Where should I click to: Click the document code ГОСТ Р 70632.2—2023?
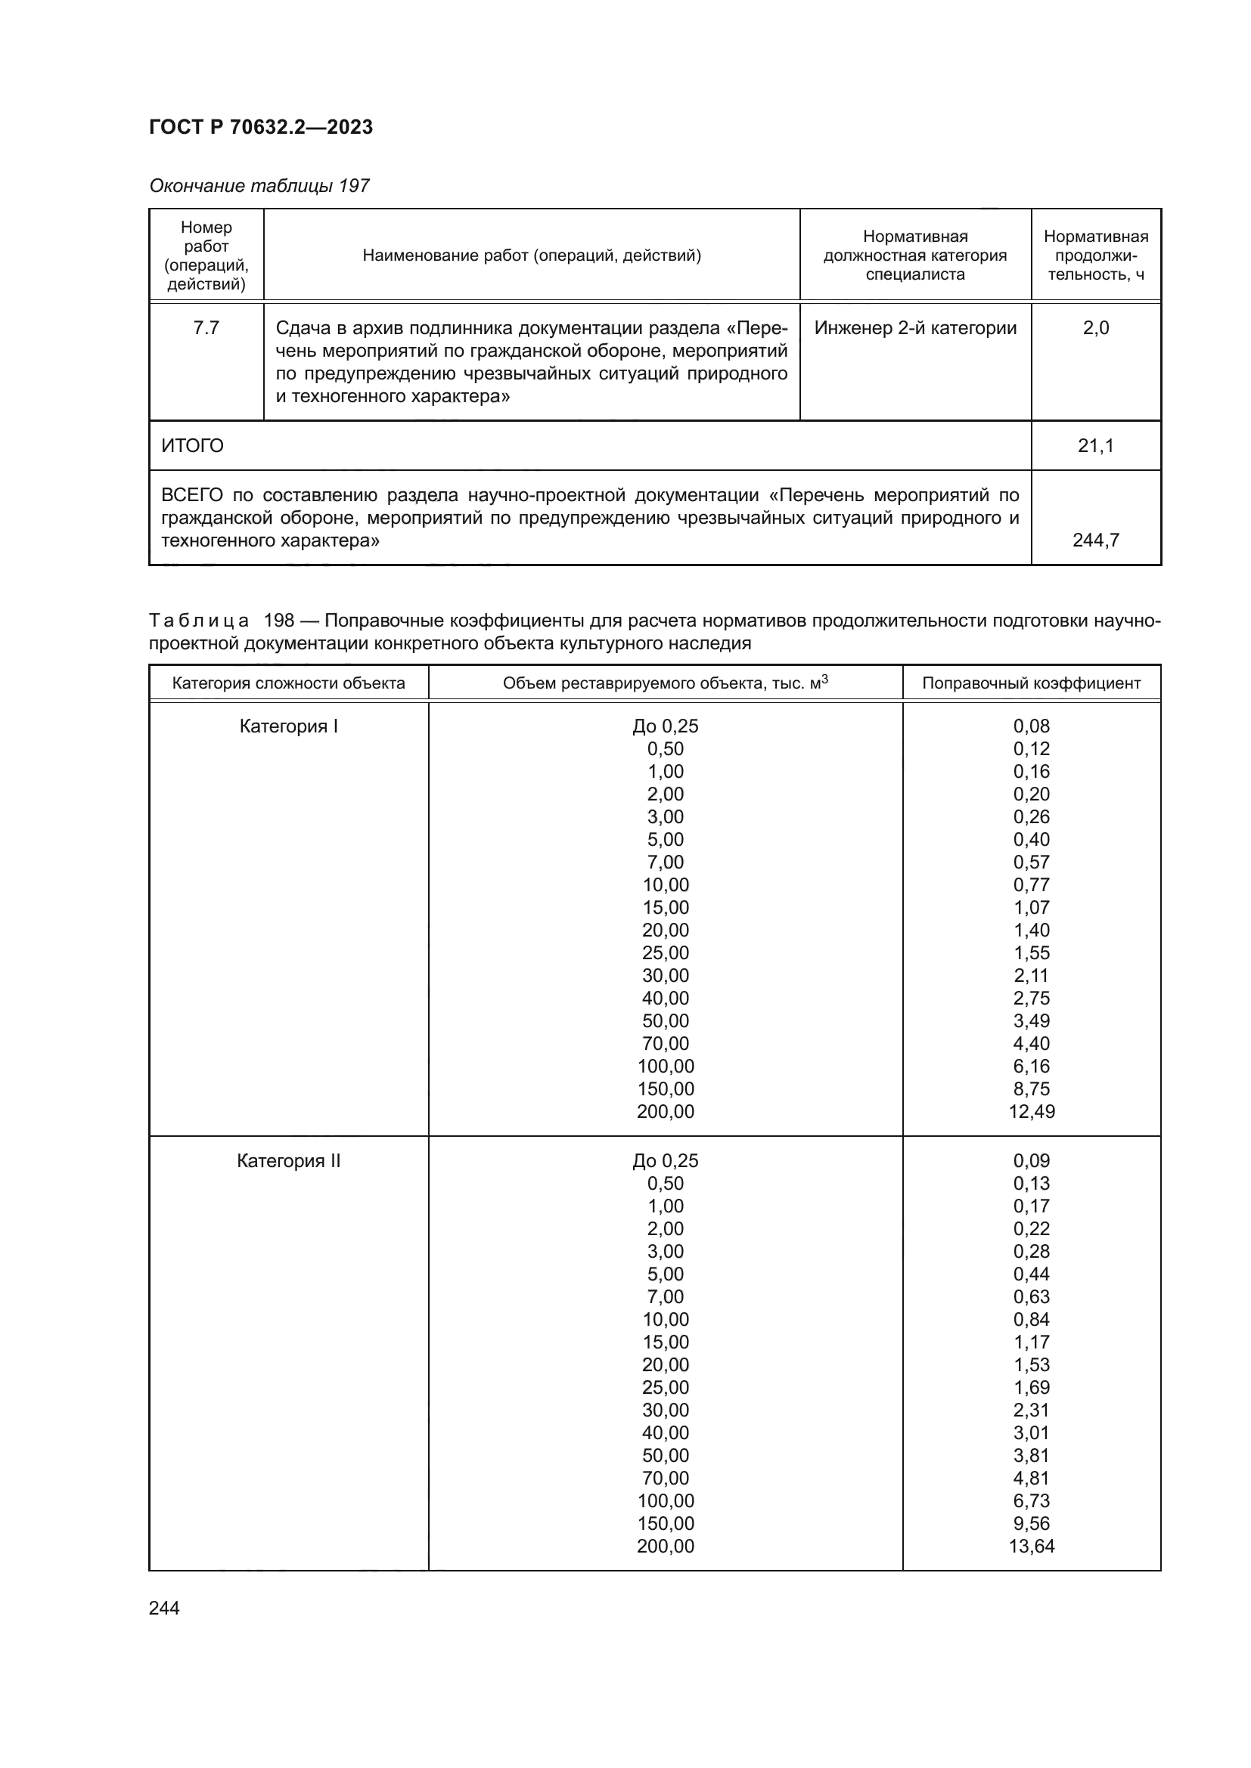pos(260,127)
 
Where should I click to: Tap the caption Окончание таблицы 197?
pos(259,186)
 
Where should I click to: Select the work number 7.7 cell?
pos(206,328)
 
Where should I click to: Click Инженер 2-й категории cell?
pos(915,328)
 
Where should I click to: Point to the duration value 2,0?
pos(1095,328)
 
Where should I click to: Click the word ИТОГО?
pos(193,446)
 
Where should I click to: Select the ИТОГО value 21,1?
pos(1095,446)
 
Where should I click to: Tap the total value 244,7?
pos(1095,540)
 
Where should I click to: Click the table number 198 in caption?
pos(279,621)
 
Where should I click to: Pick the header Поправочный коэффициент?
pos(1031,683)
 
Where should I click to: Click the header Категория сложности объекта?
pos(288,683)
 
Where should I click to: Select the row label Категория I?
pos(288,726)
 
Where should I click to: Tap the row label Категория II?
pos(288,1160)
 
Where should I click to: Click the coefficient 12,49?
pos(1032,1111)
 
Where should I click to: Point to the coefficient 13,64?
pos(1032,1546)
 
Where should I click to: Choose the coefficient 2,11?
pos(1032,976)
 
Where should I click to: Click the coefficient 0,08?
pos(1032,726)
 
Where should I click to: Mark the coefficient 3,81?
pos(1032,1455)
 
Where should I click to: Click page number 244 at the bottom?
pos(164,1608)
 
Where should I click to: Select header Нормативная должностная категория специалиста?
pos(915,255)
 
